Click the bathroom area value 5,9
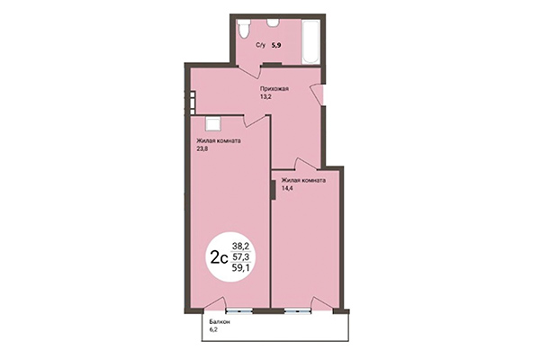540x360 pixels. (278, 44)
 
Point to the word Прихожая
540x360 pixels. (274, 90)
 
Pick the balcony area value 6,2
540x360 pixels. (214, 331)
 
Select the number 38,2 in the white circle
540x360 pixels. (242, 245)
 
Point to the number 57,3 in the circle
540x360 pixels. (242, 256)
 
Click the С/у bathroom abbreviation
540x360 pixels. (261, 44)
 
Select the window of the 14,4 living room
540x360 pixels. (296, 309)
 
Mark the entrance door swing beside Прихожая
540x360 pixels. (316, 92)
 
